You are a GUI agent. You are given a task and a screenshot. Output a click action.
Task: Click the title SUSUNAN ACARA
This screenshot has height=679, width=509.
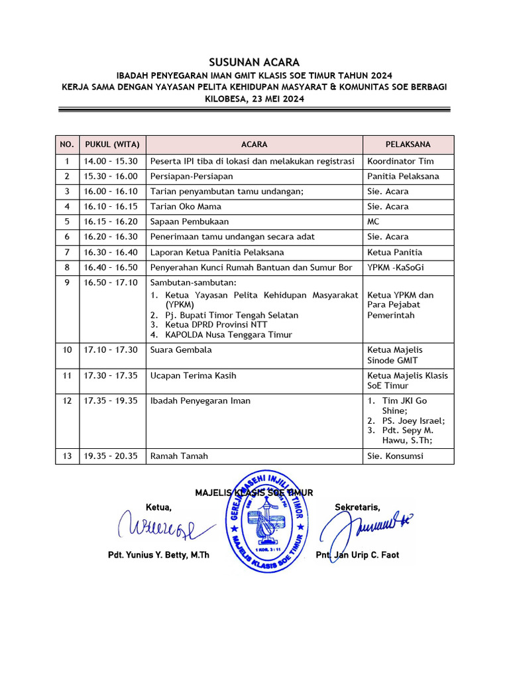click(254, 62)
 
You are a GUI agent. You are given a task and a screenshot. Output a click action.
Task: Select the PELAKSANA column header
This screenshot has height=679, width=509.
click(408, 145)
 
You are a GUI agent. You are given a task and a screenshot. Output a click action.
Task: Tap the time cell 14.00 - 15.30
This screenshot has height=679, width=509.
click(111, 161)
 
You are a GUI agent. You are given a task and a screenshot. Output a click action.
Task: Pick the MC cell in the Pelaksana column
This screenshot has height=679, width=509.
click(373, 221)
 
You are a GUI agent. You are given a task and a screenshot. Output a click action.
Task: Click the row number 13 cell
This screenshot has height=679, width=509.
click(66, 456)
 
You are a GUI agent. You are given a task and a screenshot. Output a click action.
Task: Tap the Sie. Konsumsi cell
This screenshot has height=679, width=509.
click(395, 456)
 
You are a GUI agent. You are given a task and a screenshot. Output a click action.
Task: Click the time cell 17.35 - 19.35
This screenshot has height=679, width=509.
click(111, 401)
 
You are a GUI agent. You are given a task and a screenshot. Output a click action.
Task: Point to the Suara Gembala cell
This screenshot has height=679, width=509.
click(181, 349)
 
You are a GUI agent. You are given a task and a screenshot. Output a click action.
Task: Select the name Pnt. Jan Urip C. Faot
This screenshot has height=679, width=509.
click(357, 555)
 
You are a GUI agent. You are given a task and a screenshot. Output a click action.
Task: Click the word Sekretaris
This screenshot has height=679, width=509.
click(357, 508)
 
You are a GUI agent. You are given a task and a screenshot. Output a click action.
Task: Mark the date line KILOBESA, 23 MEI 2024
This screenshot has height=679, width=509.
click(254, 99)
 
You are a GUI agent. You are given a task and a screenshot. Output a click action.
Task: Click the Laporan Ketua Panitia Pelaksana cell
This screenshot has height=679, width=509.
click(217, 252)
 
